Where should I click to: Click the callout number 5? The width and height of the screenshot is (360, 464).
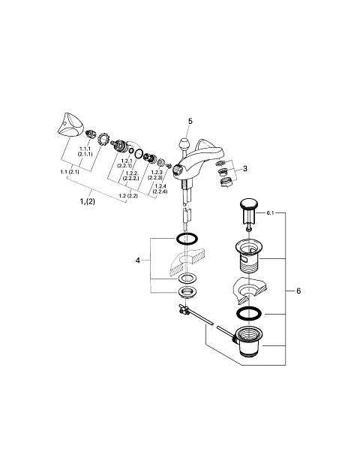[x=190, y=121]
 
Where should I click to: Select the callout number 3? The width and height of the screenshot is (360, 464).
[x=245, y=169]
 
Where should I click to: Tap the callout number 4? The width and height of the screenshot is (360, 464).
[x=137, y=261]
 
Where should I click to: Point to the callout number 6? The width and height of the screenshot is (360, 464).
[x=298, y=291]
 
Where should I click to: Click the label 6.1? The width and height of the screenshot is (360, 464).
[x=270, y=212]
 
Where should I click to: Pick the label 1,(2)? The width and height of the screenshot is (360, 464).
[x=88, y=201]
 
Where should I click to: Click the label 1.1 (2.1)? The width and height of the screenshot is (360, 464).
[x=70, y=172]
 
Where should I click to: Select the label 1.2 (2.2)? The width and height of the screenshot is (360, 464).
[x=128, y=196]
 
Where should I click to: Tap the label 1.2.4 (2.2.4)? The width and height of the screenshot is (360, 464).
[x=160, y=188]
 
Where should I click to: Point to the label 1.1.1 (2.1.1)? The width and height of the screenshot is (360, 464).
[x=85, y=152]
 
